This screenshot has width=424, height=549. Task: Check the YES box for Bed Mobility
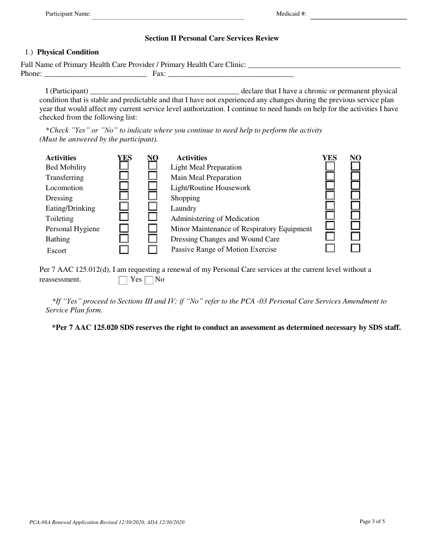(124, 166)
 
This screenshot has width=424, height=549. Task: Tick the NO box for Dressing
(153, 195)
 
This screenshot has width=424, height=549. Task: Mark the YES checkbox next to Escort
(124, 250)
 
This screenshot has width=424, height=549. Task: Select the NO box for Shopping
(355, 195)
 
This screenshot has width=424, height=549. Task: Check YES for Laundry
(330, 206)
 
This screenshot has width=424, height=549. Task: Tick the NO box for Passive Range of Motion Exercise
(355, 248)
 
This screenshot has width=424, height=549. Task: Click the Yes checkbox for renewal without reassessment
(123, 280)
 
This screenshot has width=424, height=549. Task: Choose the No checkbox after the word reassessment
(149, 280)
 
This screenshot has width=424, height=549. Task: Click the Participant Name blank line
(168, 16)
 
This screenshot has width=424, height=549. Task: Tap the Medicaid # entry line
(358, 16)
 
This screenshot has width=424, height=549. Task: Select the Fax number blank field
(230, 75)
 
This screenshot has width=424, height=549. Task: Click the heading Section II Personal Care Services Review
(212, 38)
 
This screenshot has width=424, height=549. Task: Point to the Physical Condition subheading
(68, 52)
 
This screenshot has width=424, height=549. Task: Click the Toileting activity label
(59, 219)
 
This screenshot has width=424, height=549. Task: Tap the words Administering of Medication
(215, 219)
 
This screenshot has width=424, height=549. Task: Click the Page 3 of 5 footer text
(372, 521)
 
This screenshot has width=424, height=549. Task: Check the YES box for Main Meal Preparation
(330, 175)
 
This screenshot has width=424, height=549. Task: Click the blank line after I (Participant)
(165, 91)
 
